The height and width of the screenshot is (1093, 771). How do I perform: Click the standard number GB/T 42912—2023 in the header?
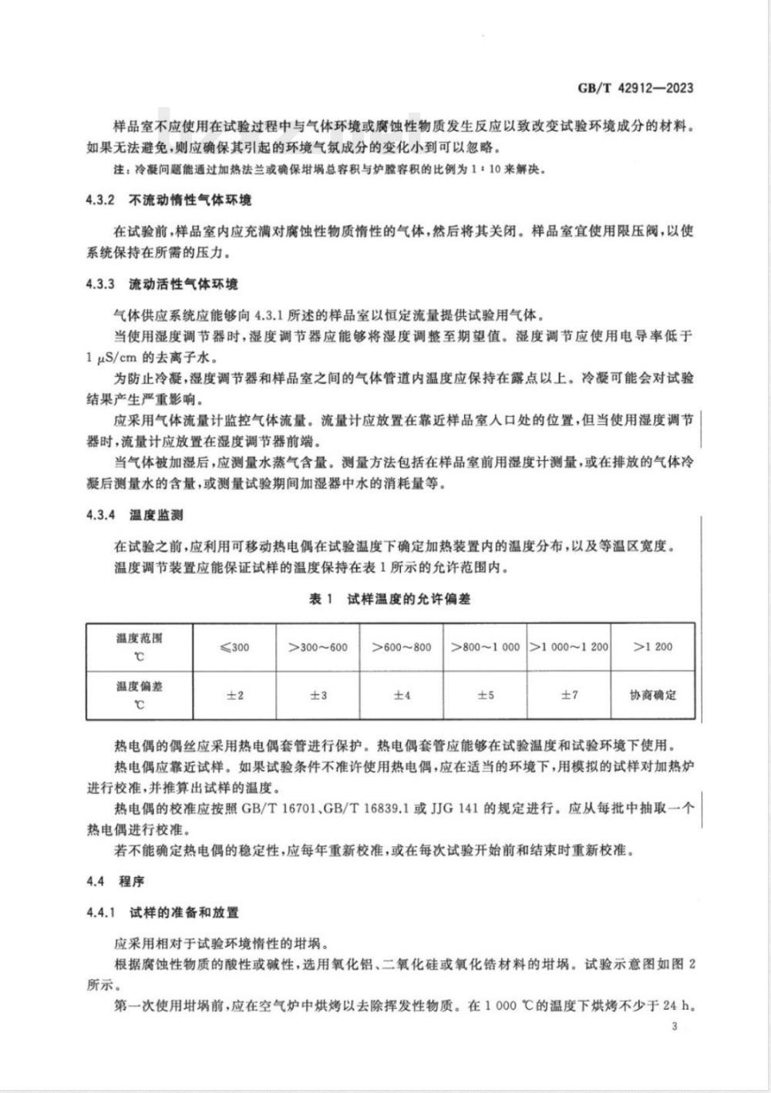click(635, 88)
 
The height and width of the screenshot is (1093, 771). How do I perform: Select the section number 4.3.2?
click(100, 200)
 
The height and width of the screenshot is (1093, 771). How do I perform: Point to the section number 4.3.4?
click(100, 515)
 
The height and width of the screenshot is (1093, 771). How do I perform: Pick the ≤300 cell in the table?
click(234, 647)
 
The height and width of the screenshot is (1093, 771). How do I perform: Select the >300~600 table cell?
click(318, 647)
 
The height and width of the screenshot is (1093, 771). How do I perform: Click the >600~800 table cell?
click(401, 647)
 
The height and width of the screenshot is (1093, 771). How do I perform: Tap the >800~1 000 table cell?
click(485, 647)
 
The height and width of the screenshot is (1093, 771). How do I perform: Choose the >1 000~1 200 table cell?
click(569, 647)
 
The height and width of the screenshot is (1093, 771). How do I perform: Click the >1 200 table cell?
click(653, 647)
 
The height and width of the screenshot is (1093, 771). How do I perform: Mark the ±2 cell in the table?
click(234, 695)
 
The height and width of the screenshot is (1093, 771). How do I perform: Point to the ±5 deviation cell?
click(485, 695)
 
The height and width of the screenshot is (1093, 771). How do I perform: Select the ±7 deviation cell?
click(569, 695)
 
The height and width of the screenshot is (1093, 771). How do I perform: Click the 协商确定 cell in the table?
click(653, 695)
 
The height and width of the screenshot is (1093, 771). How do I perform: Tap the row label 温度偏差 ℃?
click(140, 695)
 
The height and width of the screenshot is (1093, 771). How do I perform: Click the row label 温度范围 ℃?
click(140, 647)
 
